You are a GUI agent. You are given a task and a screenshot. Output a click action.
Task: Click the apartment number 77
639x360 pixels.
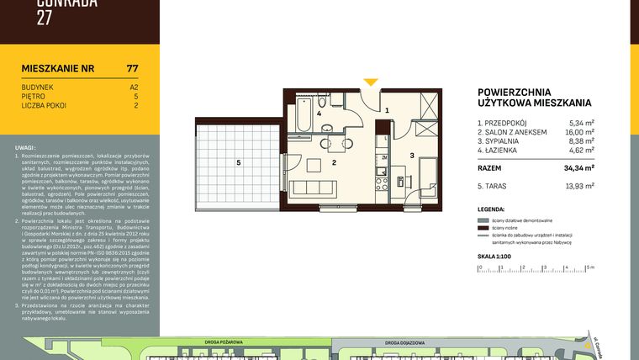pos(132,68)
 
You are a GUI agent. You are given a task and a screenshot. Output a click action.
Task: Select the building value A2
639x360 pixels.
pos(134,87)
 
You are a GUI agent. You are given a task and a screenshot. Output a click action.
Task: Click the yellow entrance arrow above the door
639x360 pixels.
pos(370,82)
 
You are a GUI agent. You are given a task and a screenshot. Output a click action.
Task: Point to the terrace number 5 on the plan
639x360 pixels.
pos(239,161)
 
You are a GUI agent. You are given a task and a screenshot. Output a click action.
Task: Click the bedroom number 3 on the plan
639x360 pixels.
pos(412,156)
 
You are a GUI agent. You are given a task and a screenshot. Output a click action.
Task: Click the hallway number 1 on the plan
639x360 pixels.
pos(387,110)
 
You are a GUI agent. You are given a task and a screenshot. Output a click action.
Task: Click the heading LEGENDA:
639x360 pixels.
pos(492,208)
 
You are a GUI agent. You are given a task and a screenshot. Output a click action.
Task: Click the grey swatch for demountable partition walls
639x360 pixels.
pos(483,219)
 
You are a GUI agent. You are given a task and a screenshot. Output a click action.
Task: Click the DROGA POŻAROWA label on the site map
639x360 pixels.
pos(223,342)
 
